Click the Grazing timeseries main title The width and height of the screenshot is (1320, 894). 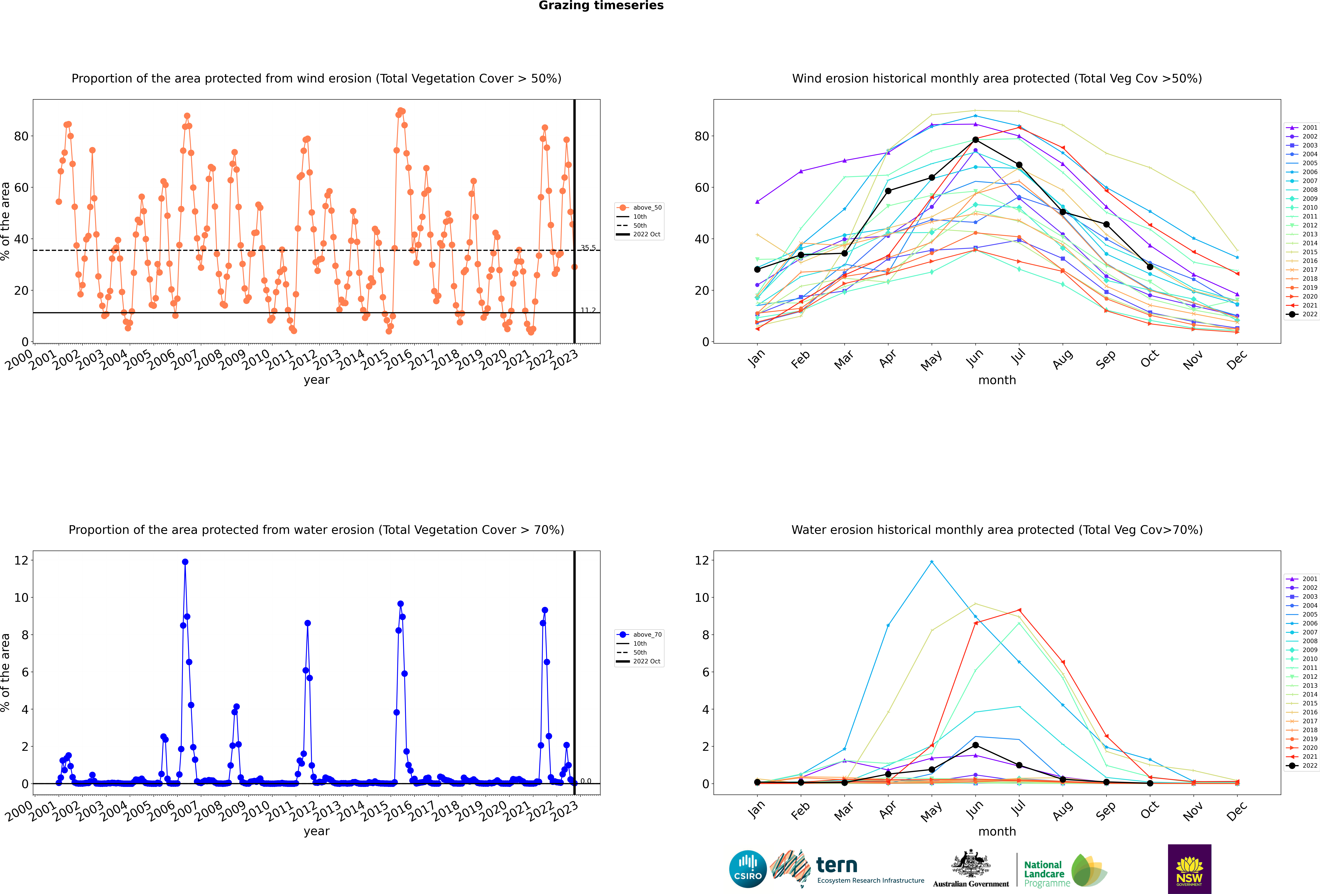pos(601,6)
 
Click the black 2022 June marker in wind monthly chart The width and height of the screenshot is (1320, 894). pos(975,140)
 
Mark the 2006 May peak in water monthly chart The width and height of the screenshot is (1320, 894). pos(932,562)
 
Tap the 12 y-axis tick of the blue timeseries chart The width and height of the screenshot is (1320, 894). pos(21,560)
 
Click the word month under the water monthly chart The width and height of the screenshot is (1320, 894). pos(997,832)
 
